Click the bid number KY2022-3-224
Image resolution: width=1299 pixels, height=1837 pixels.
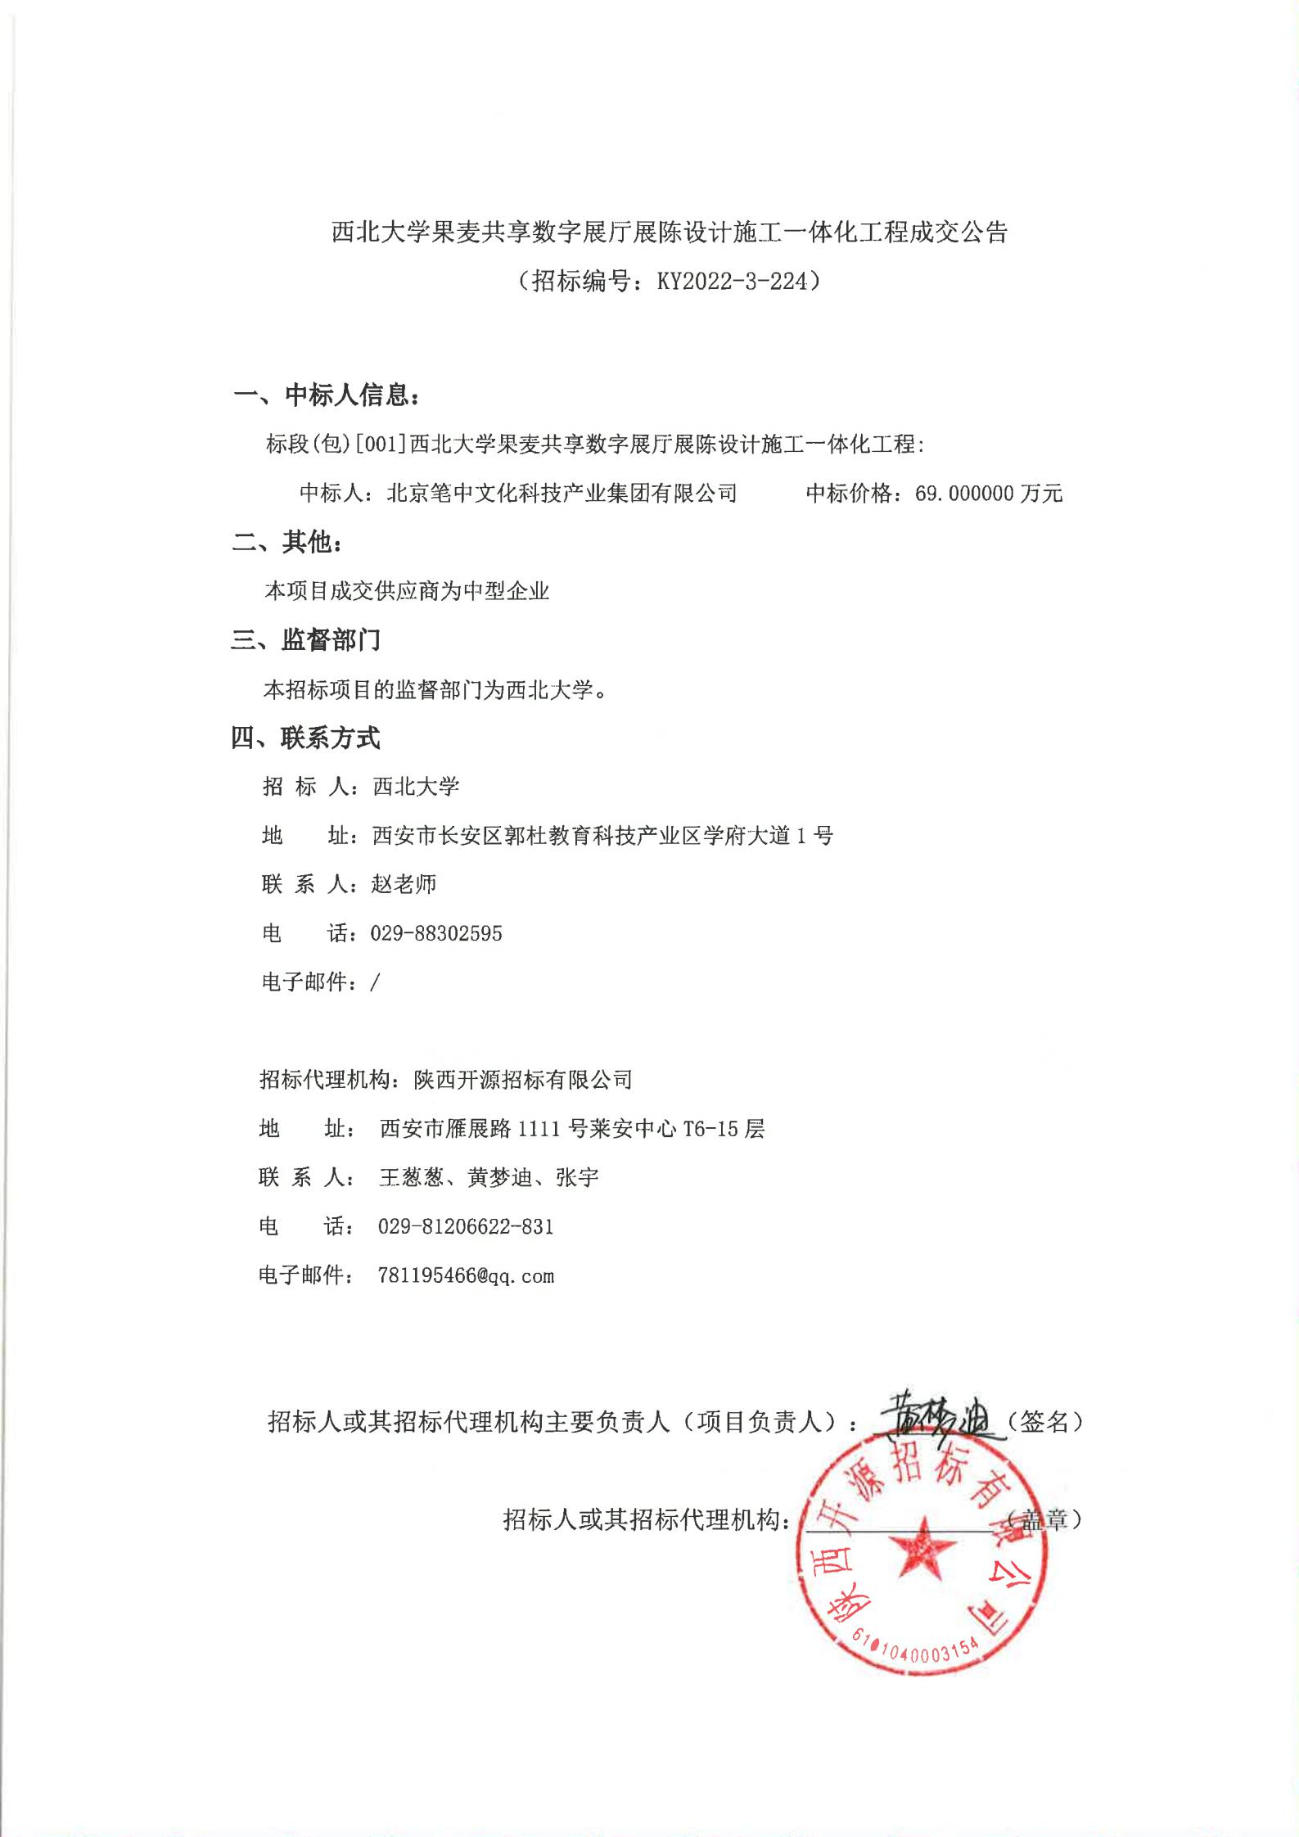pos(732,282)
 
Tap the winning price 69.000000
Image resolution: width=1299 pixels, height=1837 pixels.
pos(965,494)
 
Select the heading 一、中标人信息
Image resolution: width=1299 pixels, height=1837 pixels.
pos(327,395)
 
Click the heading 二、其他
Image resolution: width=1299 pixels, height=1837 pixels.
pos(287,542)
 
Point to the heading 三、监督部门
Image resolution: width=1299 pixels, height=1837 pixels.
pos(306,640)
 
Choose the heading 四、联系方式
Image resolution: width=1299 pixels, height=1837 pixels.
pos(305,738)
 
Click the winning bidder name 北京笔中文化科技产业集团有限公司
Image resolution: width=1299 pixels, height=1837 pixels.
pos(562,494)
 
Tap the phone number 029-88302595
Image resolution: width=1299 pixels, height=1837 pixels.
pos(436,934)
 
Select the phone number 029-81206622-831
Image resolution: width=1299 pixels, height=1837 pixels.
pos(466,1227)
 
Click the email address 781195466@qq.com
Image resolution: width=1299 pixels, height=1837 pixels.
pos(466,1276)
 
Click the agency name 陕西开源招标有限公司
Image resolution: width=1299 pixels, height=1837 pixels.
pos(523,1081)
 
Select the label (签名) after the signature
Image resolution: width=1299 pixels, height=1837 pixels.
pos(1044,1422)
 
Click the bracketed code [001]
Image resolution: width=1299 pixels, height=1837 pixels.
pos(381,445)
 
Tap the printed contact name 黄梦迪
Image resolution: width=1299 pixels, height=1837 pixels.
pos(499,1178)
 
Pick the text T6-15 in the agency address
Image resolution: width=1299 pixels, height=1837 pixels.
pos(710,1130)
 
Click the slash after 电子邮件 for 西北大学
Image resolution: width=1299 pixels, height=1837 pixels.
pos(376,982)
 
